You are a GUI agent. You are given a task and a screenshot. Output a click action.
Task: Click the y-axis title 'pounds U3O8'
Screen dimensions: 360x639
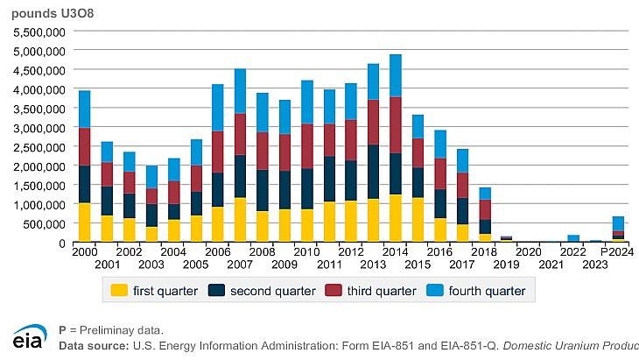coord(43,11)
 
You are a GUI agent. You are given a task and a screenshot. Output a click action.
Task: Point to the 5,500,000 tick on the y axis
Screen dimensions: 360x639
coord(35,31)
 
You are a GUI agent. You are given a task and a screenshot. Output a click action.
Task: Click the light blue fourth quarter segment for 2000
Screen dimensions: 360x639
coord(84,109)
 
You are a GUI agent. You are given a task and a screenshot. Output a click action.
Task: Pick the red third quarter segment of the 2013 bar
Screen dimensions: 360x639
coord(373,122)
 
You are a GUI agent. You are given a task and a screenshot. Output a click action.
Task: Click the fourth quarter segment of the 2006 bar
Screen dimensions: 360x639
coord(217,108)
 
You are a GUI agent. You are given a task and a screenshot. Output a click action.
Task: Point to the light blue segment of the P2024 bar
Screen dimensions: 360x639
coord(617,223)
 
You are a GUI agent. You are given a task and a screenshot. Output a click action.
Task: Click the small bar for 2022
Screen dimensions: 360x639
coord(572,237)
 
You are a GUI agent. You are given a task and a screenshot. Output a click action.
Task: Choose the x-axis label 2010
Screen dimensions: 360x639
coord(306,251)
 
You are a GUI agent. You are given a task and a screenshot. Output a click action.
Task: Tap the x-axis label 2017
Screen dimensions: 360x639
coord(462,263)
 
